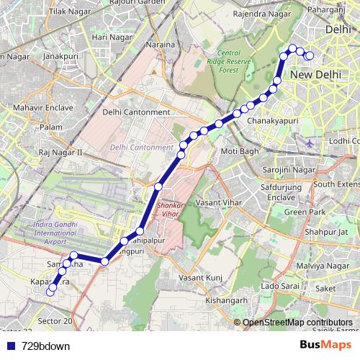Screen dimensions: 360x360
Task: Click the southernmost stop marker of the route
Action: [50, 292]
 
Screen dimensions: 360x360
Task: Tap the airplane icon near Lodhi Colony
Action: [310, 143]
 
